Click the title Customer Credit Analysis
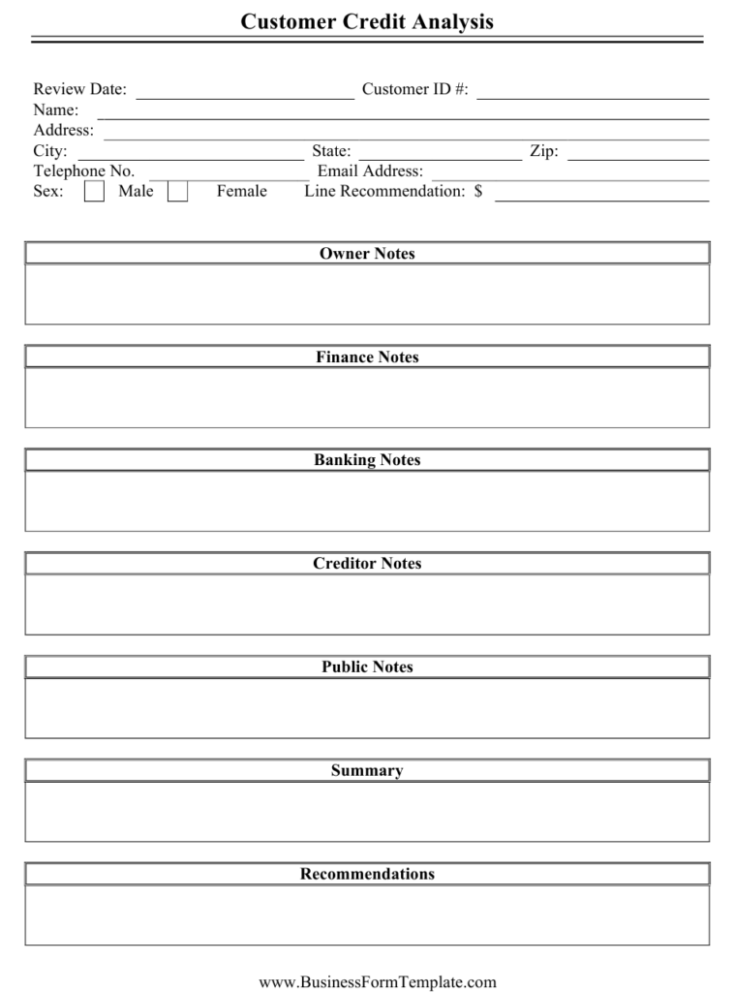point(367,21)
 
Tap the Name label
point(56,110)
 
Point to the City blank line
point(190,156)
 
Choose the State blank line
point(440,156)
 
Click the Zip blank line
point(638,156)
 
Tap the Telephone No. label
point(84,171)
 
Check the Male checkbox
point(94,192)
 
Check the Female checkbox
point(177,192)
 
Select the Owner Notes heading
point(367,254)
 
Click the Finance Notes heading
point(367,357)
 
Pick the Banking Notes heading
point(367,460)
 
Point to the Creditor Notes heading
point(367,564)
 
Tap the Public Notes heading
point(367,667)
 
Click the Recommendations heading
point(367,875)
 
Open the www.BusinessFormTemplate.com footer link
point(377,982)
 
